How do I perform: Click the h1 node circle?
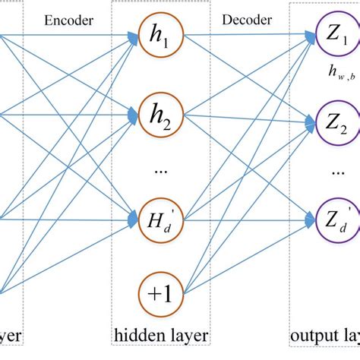pos(161,36)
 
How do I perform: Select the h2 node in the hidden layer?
pos(161,115)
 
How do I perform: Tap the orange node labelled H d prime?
pos(161,220)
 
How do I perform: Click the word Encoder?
pos(69,21)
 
